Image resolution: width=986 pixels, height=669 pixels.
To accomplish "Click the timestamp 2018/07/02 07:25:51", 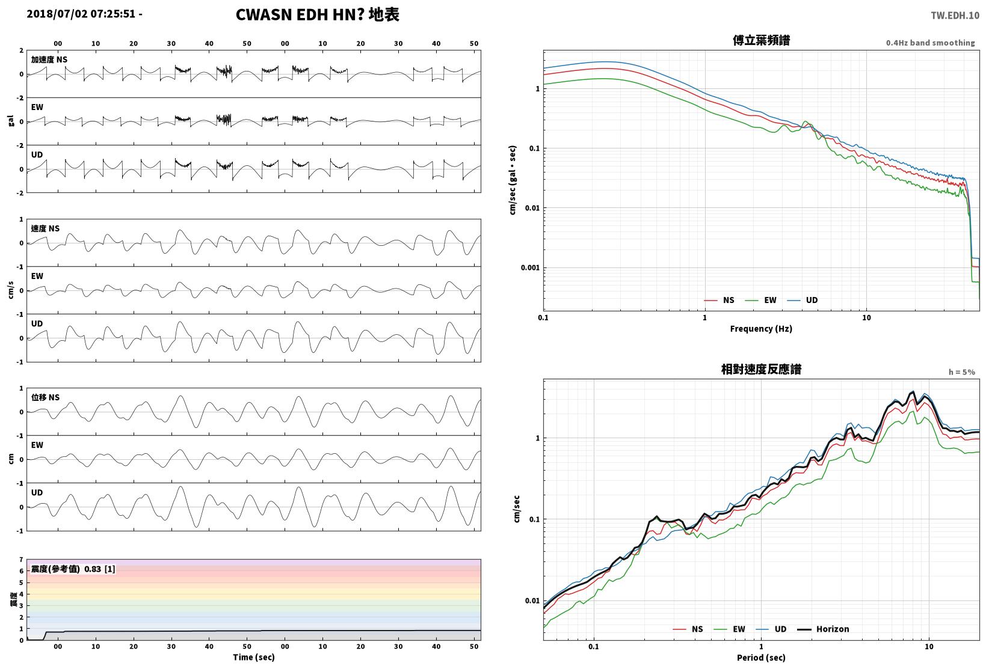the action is click(x=81, y=14).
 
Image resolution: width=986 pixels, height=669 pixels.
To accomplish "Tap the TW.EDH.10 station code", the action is click(x=955, y=16).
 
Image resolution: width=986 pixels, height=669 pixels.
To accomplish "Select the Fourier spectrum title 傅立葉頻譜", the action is click(x=761, y=40).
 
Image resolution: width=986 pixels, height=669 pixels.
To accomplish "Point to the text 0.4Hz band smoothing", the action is click(x=931, y=43).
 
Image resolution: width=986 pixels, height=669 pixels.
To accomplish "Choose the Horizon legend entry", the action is click(x=823, y=629).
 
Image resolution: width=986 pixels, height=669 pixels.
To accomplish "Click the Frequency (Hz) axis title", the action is click(x=761, y=329).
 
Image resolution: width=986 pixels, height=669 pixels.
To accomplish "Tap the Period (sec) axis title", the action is click(x=761, y=658).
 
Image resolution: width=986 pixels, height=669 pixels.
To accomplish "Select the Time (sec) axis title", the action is click(x=253, y=657).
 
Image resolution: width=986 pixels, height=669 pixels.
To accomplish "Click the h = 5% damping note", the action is click(x=962, y=372).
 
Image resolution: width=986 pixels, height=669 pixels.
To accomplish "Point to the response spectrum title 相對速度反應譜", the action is click(x=761, y=369).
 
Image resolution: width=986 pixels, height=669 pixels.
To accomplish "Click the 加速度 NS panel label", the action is click(x=49, y=60).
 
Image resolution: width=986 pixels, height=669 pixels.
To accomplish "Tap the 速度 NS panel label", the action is click(x=45, y=228).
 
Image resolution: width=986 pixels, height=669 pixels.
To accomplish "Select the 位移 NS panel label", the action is click(x=45, y=397).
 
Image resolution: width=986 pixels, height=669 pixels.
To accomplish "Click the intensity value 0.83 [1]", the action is click(x=99, y=569).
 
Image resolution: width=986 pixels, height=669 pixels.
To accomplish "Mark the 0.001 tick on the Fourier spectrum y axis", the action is click(x=530, y=267).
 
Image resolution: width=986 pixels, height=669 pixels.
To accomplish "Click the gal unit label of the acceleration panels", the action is click(x=11, y=121).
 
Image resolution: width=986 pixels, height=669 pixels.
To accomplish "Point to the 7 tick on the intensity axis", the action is click(x=21, y=560).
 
